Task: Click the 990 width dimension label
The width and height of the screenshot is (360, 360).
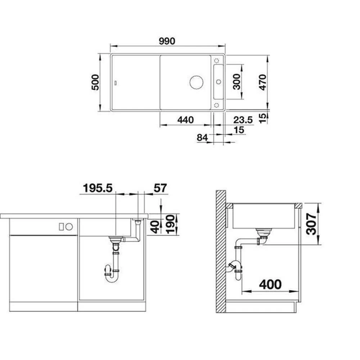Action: pyautogui.click(x=167, y=41)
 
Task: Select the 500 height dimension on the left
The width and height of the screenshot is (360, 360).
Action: pyautogui.click(x=95, y=82)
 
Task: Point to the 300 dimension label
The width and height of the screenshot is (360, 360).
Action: pyautogui.click(x=236, y=82)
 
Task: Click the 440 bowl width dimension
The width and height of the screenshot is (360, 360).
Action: pyautogui.click(x=185, y=120)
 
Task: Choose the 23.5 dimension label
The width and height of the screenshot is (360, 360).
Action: pyautogui.click(x=243, y=120)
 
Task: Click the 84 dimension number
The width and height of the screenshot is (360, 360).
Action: pyautogui.click(x=202, y=138)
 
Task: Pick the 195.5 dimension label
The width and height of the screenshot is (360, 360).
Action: pyautogui.click(x=98, y=188)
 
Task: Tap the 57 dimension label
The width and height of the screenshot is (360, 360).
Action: pyautogui.click(x=160, y=188)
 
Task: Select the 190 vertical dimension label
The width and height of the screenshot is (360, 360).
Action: pyautogui.click(x=171, y=224)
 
